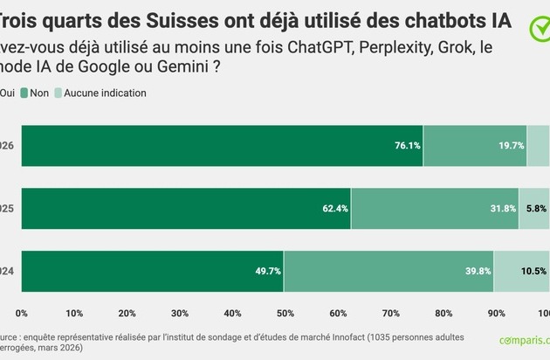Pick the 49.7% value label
click(268, 271)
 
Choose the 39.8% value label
click(478, 271)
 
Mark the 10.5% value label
click(534, 271)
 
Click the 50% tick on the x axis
click(285, 312)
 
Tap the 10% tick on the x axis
click(74, 312)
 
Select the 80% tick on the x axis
click(443, 312)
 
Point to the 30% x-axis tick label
click(180, 312)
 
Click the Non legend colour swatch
click(24, 93)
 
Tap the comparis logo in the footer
click(524, 341)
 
